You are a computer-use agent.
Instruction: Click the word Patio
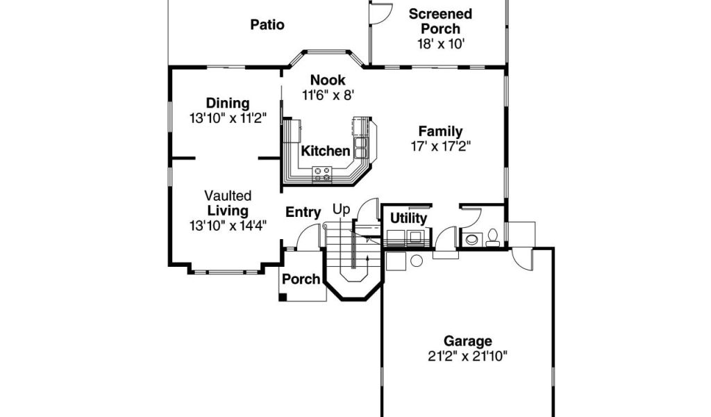click(x=267, y=24)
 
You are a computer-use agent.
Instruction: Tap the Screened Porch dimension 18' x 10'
click(x=441, y=44)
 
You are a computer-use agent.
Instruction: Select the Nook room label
click(x=328, y=81)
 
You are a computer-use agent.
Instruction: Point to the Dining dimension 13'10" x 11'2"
click(x=228, y=118)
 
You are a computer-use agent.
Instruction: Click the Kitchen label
click(x=326, y=151)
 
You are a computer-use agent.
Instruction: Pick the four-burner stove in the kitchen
click(x=322, y=174)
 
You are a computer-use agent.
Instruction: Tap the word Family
click(x=440, y=131)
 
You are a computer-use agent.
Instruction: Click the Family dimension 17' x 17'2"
click(x=441, y=147)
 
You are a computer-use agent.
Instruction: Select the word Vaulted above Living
click(x=228, y=195)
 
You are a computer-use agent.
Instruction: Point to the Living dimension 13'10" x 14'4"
click(x=228, y=225)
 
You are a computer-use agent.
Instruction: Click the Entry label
click(x=303, y=212)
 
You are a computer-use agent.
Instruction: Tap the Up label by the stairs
click(x=342, y=210)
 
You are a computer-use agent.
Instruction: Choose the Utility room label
click(x=408, y=218)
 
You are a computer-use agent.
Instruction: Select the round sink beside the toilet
click(x=471, y=239)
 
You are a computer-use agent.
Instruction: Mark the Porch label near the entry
click(x=301, y=279)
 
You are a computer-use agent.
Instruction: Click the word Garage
click(x=467, y=341)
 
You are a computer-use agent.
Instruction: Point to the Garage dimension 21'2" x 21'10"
click(x=467, y=357)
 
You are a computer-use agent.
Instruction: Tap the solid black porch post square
click(x=283, y=297)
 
